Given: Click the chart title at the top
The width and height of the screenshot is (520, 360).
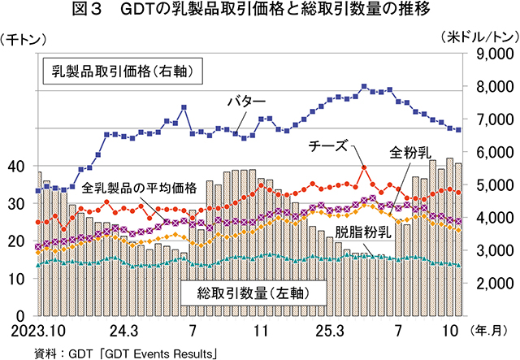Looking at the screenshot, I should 260,11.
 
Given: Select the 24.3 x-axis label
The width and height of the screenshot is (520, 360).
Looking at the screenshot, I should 123,331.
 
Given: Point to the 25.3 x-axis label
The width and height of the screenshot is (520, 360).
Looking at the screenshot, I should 329,331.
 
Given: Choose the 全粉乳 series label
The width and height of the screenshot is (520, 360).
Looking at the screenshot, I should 406,151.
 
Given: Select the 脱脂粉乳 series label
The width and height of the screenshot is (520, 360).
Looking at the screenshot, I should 365,232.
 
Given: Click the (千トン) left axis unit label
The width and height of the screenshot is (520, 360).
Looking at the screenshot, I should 27,37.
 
